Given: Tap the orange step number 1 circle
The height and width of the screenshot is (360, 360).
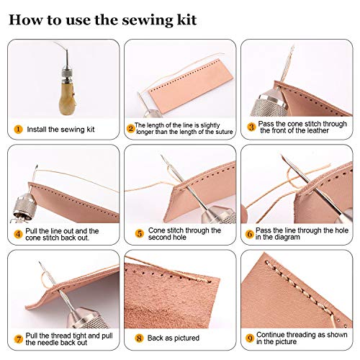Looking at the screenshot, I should click(x=17, y=130).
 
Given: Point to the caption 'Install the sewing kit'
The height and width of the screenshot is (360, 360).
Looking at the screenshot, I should click(x=62, y=130).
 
